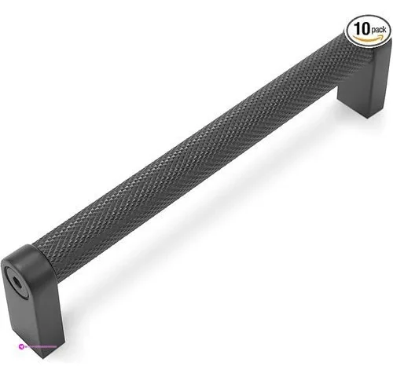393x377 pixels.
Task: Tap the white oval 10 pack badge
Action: [367, 30]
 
